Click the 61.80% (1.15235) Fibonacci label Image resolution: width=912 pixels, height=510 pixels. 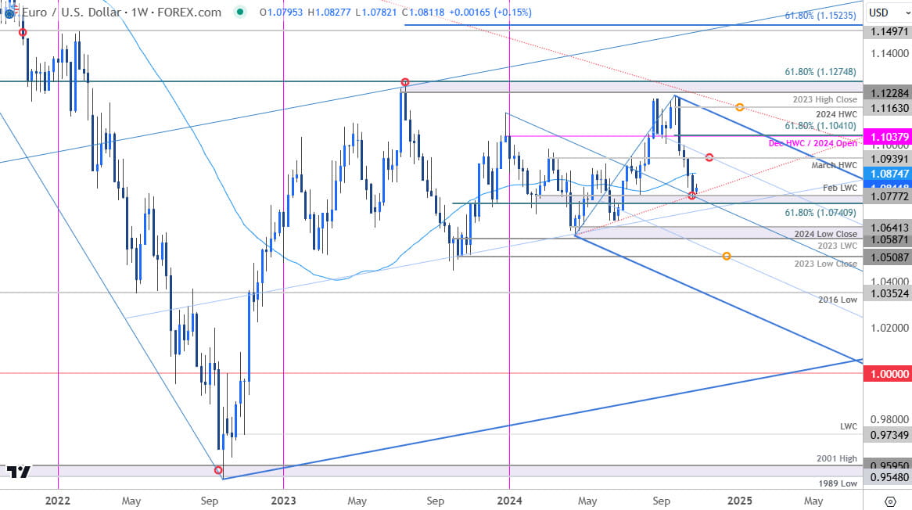tap(821, 15)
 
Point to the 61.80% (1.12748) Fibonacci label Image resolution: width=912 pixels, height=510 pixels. tap(821, 71)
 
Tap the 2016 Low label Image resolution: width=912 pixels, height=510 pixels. tap(838, 300)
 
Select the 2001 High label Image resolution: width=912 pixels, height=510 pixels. tap(836, 458)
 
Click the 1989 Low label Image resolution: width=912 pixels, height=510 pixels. tap(838, 483)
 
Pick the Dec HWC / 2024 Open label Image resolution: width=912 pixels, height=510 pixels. tap(813, 144)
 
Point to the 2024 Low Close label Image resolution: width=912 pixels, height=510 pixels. tap(826, 234)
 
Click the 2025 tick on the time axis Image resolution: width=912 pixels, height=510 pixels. tap(740, 500)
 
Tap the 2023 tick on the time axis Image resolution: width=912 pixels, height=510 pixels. tap(283, 500)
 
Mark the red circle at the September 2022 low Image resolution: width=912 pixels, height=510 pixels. tap(218, 469)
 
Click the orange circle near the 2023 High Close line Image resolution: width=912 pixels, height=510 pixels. tap(739, 106)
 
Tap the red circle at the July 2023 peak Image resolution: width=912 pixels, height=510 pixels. tap(404, 82)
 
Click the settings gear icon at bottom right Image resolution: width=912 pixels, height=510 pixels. tap(889, 501)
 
